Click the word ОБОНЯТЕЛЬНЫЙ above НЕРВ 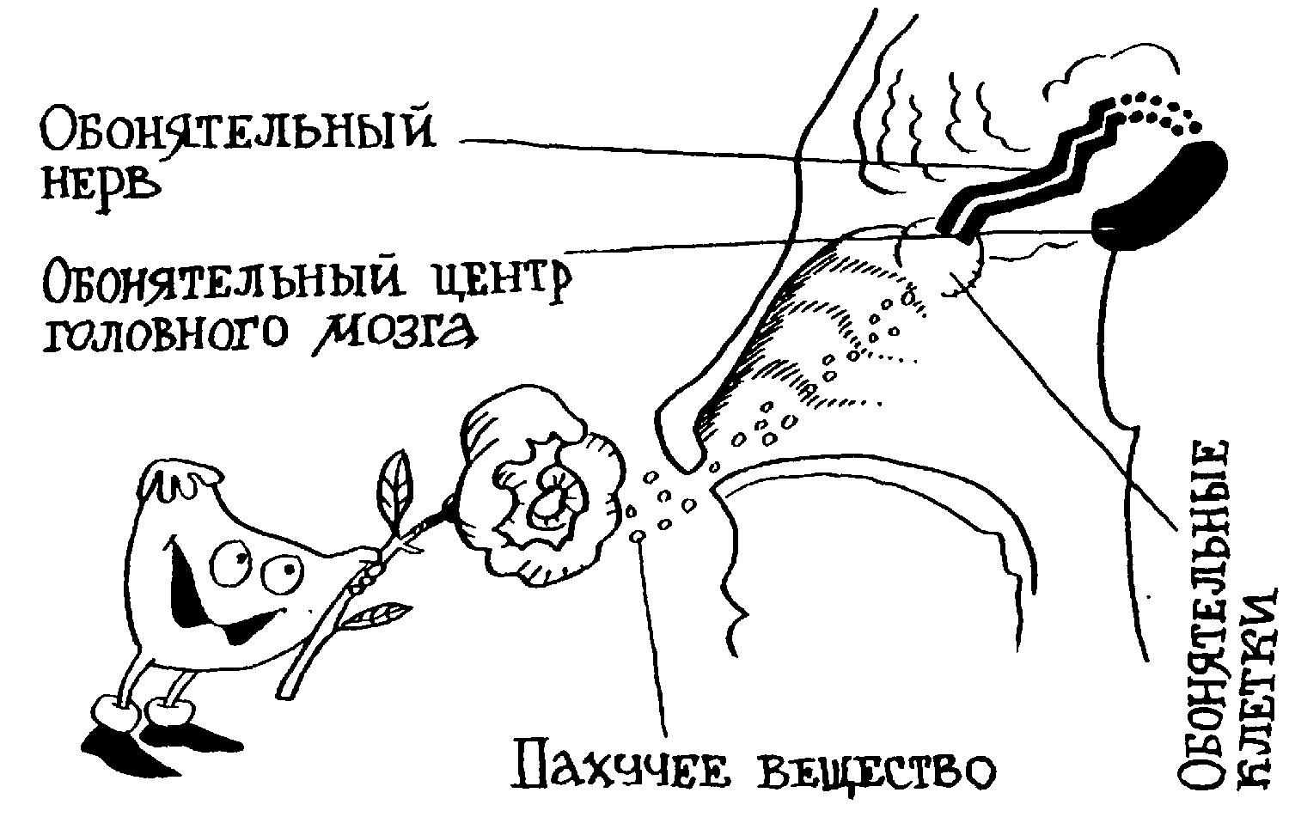237,130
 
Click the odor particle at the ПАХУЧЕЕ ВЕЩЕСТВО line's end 637,537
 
